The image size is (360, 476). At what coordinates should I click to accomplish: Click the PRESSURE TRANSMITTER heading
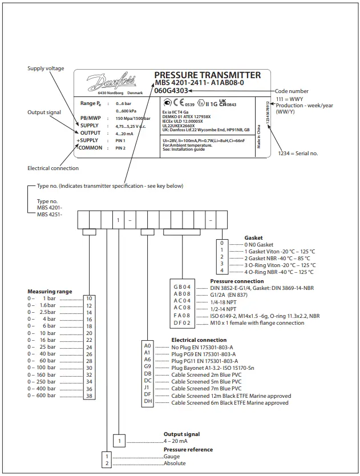click(x=208, y=75)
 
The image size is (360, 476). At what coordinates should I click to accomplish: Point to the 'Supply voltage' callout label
click(x=43, y=68)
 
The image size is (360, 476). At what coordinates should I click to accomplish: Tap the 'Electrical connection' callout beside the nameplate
click(x=53, y=168)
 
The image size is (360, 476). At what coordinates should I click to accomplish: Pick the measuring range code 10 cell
click(x=89, y=298)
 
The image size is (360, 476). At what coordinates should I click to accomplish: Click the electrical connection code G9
click(x=148, y=368)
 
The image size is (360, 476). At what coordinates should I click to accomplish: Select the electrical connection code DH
click(x=148, y=402)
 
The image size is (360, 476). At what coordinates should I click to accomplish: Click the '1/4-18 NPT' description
click(x=224, y=300)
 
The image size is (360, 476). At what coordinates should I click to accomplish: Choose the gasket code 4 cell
click(x=222, y=272)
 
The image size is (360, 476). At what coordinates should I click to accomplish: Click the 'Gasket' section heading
click(x=254, y=237)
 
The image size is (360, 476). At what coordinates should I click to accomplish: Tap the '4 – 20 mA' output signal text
click(x=175, y=441)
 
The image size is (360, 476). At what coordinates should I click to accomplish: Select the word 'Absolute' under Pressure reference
click(x=175, y=463)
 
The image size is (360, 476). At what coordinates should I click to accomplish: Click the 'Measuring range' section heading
click(x=50, y=292)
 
